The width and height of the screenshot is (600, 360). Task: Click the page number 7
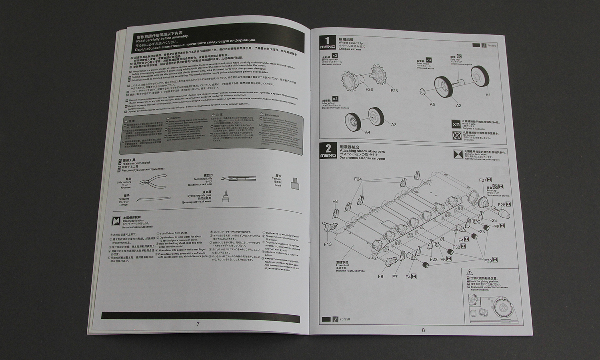click(198, 324)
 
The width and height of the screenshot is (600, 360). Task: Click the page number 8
click(423, 330)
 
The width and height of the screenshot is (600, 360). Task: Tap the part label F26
click(369, 90)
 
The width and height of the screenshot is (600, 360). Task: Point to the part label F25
click(394, 91)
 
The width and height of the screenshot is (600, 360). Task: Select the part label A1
click(488, 95)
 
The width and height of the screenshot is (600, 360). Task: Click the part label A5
click(432, 104)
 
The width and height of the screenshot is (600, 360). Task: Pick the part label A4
click(368, 132)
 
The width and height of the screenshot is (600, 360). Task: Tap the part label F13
click(327, 244)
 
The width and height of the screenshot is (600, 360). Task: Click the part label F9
click(380, 276)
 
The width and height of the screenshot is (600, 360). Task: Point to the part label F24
click(358, 179)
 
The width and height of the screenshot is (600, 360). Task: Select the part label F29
click(488, 261)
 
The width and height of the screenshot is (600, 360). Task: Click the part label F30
click(456, 247)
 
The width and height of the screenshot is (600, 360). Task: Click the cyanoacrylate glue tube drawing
click(225, 197)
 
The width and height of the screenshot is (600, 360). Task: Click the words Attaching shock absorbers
click(362, 152)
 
